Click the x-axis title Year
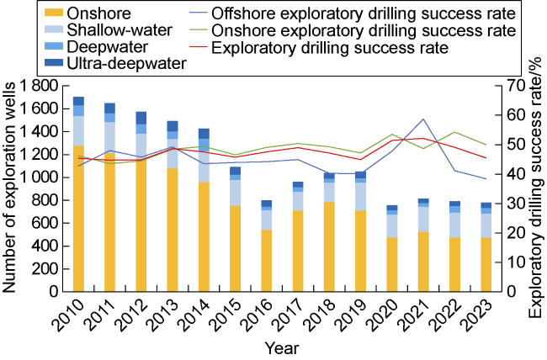pyautogui.click(x=281, y=347)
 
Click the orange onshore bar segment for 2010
pyautogui.click(x=79, y=219)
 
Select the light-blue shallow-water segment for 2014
pyautogui.click(x=203, y=164)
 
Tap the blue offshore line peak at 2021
pyautogui.click(x=422, y=119)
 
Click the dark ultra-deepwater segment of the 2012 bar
pyautogui.click(x=141, y=118)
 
